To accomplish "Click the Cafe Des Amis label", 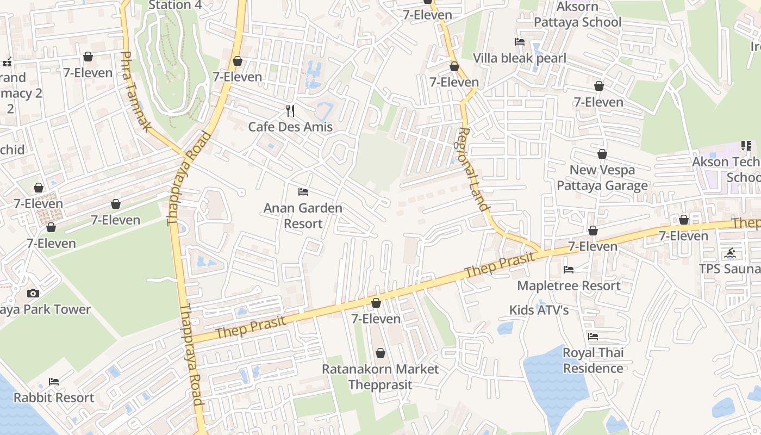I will (x=290, y=127).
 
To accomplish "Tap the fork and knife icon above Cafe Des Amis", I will (x=290, y=111).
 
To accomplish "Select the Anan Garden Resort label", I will (x=303, y=215).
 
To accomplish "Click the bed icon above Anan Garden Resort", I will (x=303, y=192).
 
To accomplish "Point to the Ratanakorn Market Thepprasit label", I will (x=380, y=376).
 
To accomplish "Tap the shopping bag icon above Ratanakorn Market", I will (x=380, y=353).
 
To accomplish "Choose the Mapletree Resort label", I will (x=569, y=285).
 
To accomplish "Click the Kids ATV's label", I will (x=539, y=310).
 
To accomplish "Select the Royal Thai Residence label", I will (x=593, y=360).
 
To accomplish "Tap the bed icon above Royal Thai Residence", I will (x=593, y=337).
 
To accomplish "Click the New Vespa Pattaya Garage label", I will (x=602, y=178).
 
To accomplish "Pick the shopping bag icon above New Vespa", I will (x=602, y=154).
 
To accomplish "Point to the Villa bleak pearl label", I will (x=519, y=58).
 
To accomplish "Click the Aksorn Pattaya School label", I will (x=577, y=15).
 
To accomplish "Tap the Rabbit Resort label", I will (x=54, y=397).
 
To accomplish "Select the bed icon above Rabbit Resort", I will (x=54, y=381).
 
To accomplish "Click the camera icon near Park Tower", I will (x=33, y=294).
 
